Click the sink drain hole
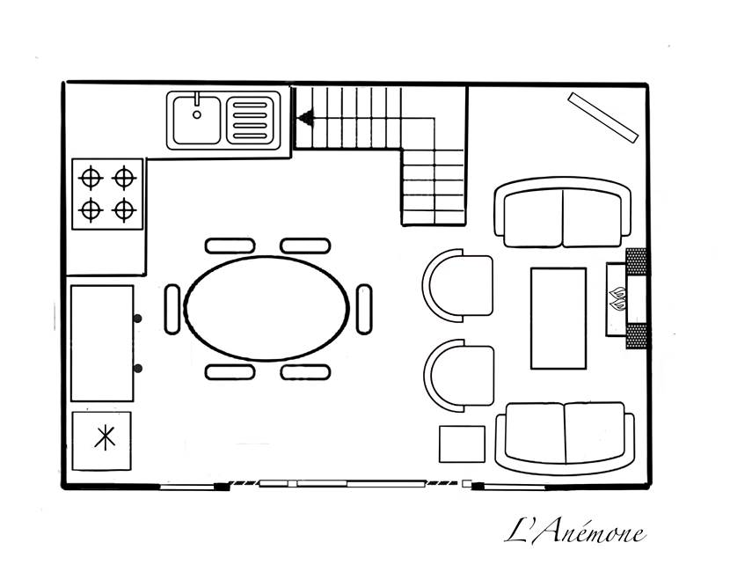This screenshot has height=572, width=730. click(197, 114)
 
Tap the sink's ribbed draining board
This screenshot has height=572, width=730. click(250, 121)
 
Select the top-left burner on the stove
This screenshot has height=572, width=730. click(91, 178)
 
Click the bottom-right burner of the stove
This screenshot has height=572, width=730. click(124, 210)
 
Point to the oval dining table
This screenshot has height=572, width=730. click(266, 308)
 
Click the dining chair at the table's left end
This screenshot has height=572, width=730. click(172, 309)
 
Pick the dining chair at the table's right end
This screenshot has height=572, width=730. click(364, 309)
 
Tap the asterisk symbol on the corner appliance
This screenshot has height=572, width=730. click(106, 438)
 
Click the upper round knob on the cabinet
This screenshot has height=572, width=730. click(137, 319)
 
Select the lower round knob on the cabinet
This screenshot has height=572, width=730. click(137, 369)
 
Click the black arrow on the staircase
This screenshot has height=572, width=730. click(306, 118)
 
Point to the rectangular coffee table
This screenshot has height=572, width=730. click(558, 319)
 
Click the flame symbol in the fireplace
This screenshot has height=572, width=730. click(617, 299)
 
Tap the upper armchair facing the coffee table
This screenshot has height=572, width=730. click(457, 285)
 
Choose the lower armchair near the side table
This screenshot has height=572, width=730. click(458, 376)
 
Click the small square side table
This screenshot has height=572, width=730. click(462, 444)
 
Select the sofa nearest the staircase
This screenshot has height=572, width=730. click(562, 212)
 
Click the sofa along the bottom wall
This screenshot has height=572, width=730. click(565, 438)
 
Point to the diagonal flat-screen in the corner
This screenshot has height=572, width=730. click(602, 117)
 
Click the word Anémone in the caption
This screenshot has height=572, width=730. click(589, 532)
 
